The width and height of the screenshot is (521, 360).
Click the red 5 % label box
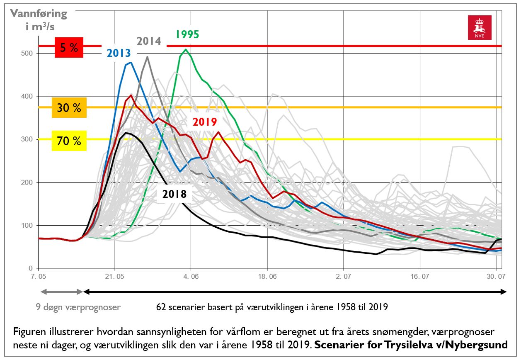tap(69, 48)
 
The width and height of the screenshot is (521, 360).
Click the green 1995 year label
tap(187, 34)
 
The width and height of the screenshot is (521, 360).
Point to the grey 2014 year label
tap(149, 41)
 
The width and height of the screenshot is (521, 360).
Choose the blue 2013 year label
tap(119, 53)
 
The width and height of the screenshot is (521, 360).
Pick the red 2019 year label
tap(204, 122)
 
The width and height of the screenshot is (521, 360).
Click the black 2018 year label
tap(174, 194)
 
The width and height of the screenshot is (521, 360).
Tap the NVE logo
tap(479, 28)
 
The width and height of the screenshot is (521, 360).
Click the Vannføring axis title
tap(39, 19)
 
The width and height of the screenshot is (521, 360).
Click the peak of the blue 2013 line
tap(131, 63)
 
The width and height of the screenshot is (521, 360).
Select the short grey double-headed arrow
tap(61, 292)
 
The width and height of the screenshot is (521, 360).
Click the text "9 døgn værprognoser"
tap(78, 307)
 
